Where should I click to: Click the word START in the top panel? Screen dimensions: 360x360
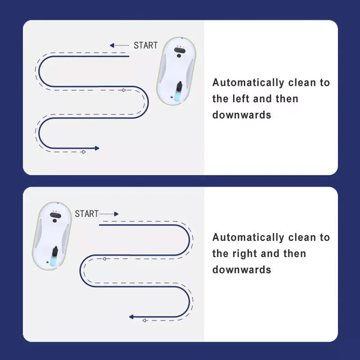click(x=146, y=45)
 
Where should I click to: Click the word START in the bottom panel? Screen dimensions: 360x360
click(x=87, y=214)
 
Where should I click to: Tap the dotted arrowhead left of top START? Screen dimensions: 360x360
click(x=112, y=45)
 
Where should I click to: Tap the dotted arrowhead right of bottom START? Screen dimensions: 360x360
click(x=116, y=214)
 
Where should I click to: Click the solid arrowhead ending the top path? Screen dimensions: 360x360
click(x=97, y=148)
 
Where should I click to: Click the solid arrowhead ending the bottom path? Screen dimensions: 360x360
click(x=131, y=317)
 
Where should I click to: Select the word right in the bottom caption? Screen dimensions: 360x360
click(x=244, y=254)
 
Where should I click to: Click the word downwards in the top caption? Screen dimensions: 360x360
click(x=242, y=115)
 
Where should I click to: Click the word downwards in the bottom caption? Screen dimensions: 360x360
click(x=242, y=270)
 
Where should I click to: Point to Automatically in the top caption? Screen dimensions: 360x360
click(x=248, y=83)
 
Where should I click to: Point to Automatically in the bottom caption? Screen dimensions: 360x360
click(x=248, y=238)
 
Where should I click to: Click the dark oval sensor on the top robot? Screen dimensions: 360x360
click(x=180, y=50)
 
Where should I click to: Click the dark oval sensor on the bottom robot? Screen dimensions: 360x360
click(x=55, y=216)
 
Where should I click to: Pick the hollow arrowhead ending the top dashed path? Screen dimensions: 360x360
click(x=84, y=152)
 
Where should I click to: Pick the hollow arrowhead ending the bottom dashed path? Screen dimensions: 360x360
click(x=144, y=320)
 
